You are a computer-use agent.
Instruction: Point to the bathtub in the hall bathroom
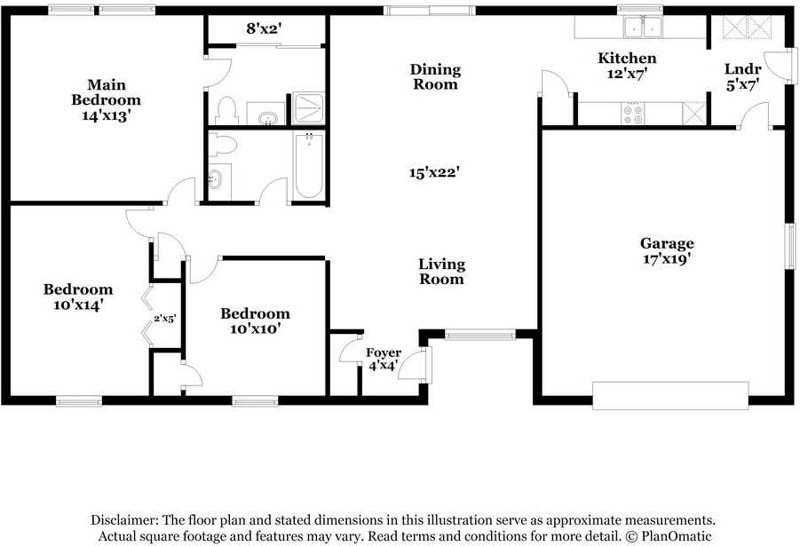point(309,166)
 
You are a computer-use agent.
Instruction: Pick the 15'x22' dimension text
point(432,173)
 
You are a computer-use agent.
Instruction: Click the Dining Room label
point(435,76)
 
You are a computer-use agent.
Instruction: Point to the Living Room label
point(441,271)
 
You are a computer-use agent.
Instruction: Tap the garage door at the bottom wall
point(670,396)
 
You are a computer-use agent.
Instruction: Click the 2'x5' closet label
point(166,319)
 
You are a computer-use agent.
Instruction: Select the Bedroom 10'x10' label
point(255,320)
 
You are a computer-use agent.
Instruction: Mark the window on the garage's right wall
point(788,243)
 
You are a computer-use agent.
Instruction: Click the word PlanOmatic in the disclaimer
point(671,536)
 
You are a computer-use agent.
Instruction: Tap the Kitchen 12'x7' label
point(627,66)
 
